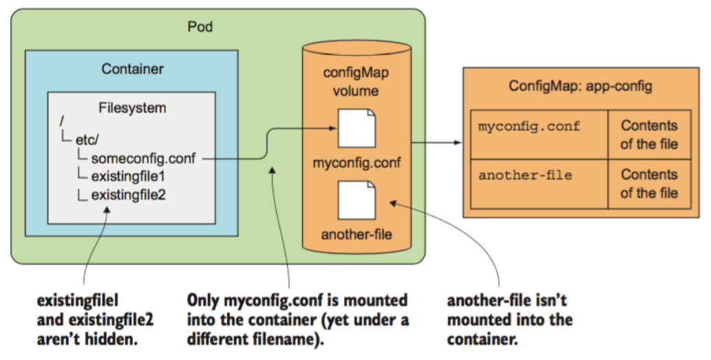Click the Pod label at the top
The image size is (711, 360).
pyautogui.click(x=200, y=27)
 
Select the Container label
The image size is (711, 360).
pyautogui.click(x=132, y=69)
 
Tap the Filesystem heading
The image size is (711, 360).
pyautogui.click(x=133, y=108)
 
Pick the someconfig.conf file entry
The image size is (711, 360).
pyautogui.click(x=143, y=158)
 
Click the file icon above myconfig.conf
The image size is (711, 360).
pyautogui.click(x=357, y=127)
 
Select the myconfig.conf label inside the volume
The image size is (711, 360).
pyautogui.click(x=357, y=164)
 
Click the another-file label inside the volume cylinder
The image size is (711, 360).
pyautogui.click(x=357, y=235)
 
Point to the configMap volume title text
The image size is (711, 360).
pyautogui.click(x=356, y=82)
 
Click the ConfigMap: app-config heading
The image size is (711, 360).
pyautogui.click(x=580, y=87)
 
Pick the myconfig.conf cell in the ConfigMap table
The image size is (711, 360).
pyautogui.click(x=529, y=127)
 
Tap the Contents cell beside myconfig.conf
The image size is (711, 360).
pyautogui.click(x=648, y=135)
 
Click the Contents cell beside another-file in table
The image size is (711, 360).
pyautogui.click(x=648, y=184)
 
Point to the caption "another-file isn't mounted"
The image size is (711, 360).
pyautogui.click(x=509, y=319)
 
